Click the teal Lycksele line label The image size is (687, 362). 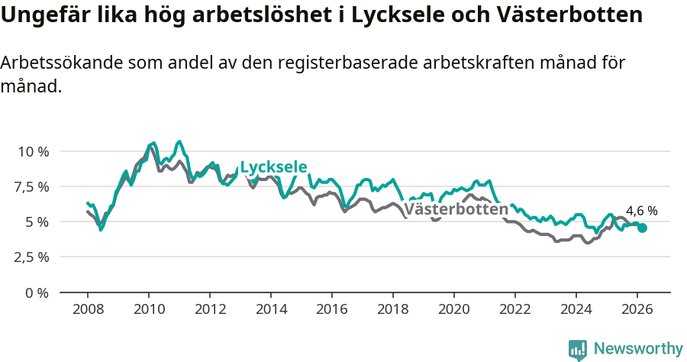click(x=273, y=167)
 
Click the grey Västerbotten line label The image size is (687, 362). click(x=456, y=208)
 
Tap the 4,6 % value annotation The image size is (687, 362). click(x=641, y=211)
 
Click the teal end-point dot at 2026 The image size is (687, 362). click(x=642, y=228)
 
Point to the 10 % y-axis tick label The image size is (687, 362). click(x=34, y=151)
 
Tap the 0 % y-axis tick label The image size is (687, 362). click(x=37, y=293)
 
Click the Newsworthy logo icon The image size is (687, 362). click(x=578, y=349)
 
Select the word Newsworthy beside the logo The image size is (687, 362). click(x=638, y=349)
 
